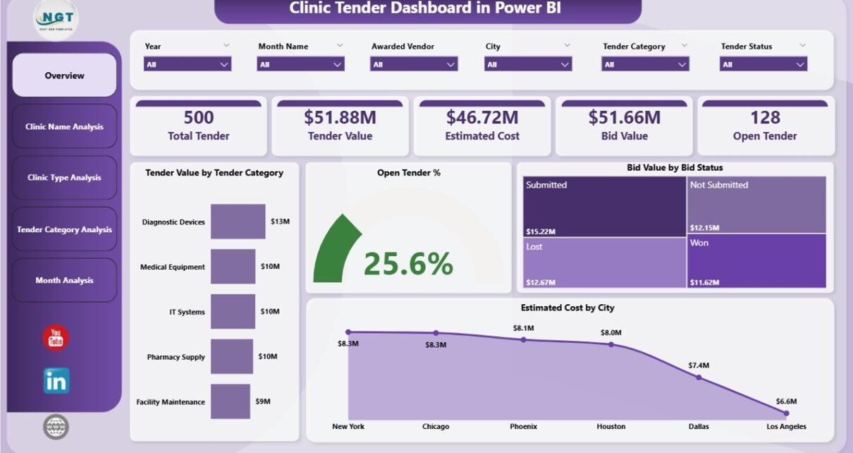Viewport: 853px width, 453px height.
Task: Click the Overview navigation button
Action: click(x=64, y=75)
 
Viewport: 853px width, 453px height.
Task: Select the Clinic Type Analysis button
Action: click(x=64, y=178)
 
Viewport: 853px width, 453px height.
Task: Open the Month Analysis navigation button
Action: click(x=64, y=280)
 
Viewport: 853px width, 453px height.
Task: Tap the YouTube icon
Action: click(x=56, y=338)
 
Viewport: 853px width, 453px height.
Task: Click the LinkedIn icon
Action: click(x=56, y=381)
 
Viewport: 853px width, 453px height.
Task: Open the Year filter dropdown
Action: click(x=188, y=64)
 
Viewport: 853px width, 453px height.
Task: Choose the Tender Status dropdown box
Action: click(x=763, y=64)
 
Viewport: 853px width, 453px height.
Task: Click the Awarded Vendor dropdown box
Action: click(x=414, y=64)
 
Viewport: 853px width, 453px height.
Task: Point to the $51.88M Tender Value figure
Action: click(x=340, y=117)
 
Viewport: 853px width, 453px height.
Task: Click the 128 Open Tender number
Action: click(x=765, y=117)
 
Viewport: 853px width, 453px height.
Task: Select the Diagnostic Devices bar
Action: click(x=238, y=222)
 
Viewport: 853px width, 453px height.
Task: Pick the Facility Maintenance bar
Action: click(x=230, y=401)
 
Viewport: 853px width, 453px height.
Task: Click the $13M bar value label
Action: click(x=280, y=222)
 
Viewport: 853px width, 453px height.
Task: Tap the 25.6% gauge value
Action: click(x=408, y=264)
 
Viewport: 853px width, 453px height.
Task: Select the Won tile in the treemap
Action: click(x=756, y=260)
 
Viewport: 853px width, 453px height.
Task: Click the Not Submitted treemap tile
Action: click(x=756, y=204)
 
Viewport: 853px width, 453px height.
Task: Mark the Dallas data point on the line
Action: click(x=699, y=377)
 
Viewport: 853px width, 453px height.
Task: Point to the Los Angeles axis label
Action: click(x=786, y=426)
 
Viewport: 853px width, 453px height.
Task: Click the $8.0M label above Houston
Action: click(x=610, y=333)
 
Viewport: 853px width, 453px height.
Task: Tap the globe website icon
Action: click(x=56, y=426)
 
